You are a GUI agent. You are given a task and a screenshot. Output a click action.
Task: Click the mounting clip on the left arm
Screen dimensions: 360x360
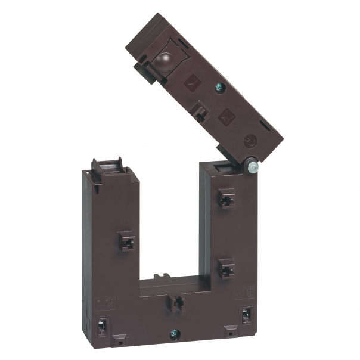click(126, 240)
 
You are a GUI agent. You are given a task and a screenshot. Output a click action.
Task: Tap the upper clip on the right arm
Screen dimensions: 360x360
click(226, 198)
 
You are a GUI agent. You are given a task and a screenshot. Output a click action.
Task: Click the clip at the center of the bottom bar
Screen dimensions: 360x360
click(176, 302)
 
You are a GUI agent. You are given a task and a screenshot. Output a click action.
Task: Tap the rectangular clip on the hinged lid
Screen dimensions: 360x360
click(201, 110)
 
